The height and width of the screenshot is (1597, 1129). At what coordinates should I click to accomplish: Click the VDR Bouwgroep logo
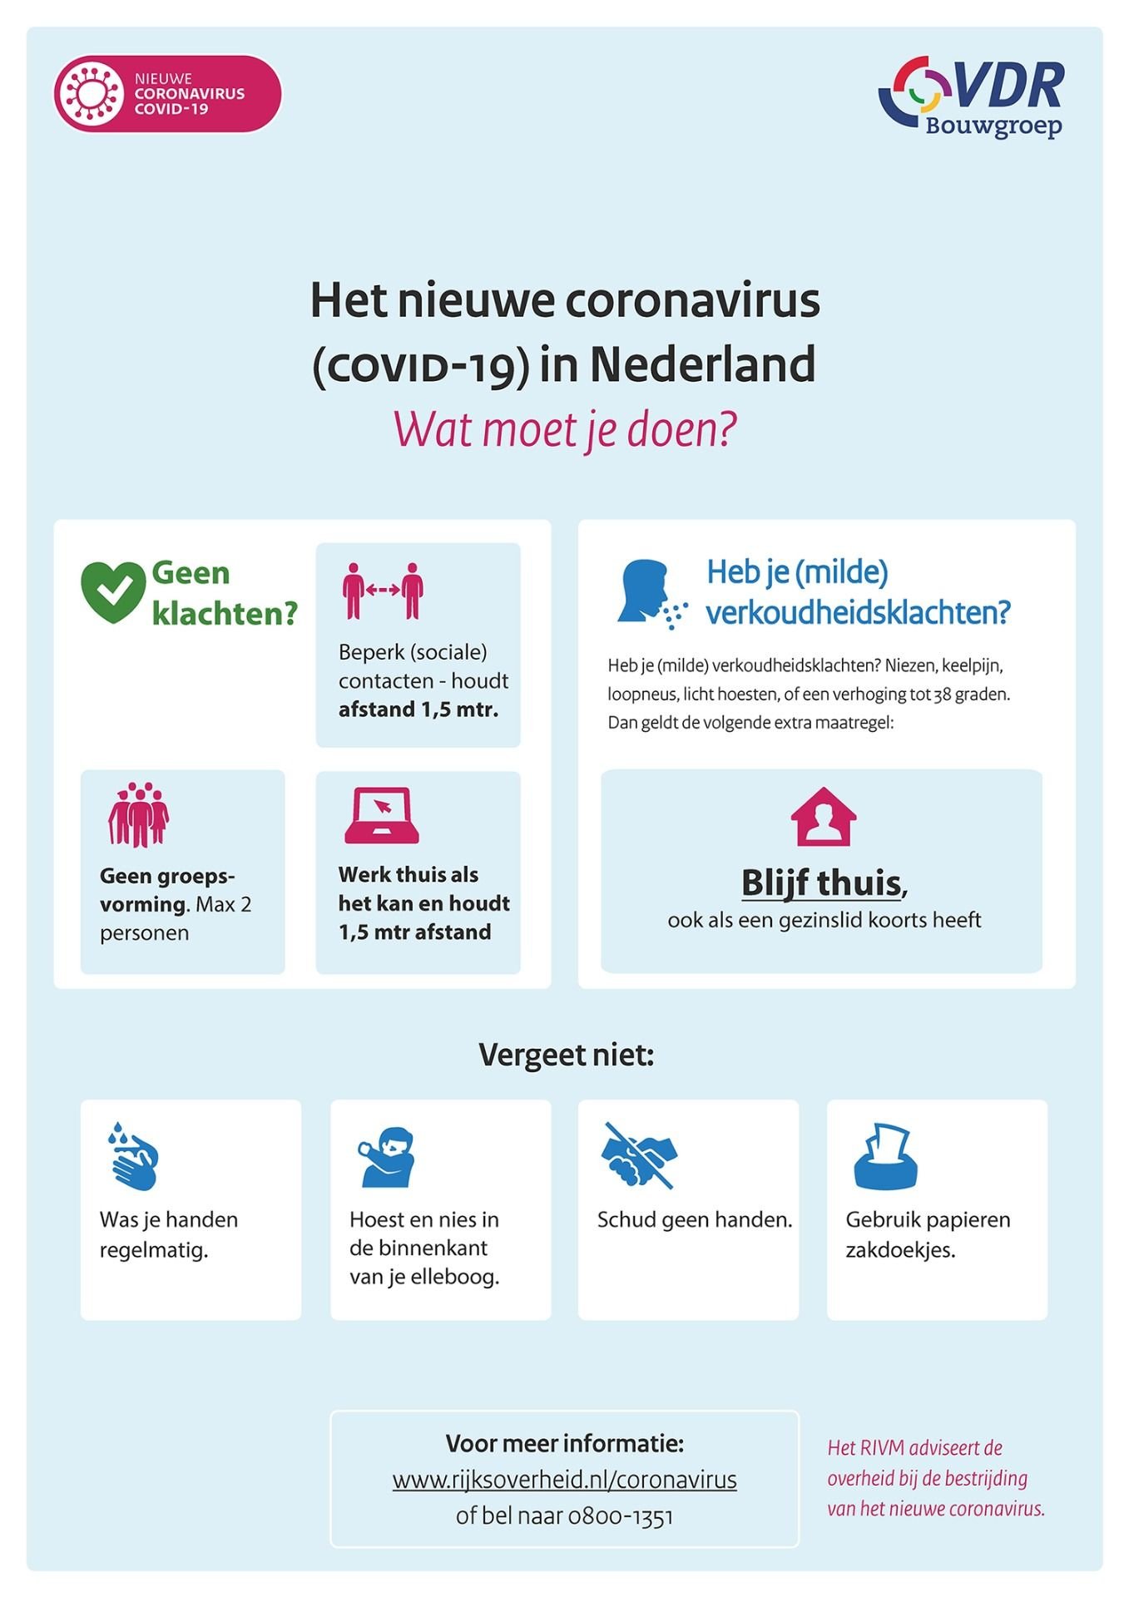[x=972, y=96]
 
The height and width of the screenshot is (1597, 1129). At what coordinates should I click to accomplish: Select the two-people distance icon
[x=383, y=591]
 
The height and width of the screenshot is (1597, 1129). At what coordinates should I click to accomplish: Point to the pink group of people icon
[x=138, y=814]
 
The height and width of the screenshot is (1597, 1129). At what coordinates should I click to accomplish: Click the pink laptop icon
[x=382, y=816]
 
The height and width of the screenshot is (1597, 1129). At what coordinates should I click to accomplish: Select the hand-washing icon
[x=133, y=1156]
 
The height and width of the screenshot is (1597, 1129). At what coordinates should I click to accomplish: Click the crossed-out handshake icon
[x=639, y=1154]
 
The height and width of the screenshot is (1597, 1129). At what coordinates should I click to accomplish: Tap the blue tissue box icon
[x=886, y=1156]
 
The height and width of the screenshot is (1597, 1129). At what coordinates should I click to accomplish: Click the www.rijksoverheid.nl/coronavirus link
[x=564, y=1480]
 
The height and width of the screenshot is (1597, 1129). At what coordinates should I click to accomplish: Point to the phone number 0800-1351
[x=620, y=1516]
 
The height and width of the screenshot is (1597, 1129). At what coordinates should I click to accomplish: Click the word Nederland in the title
[x=702, y=364]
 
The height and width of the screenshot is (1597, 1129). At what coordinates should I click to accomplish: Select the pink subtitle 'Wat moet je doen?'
[x=564, y=429]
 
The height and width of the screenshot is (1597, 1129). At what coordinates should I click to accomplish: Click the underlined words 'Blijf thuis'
[x=821, y=883]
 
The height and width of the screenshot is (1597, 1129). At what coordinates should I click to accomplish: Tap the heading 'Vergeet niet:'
[x=566, y=1055]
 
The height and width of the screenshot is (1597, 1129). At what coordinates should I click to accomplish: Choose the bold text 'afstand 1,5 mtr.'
[x=418, y=710]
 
